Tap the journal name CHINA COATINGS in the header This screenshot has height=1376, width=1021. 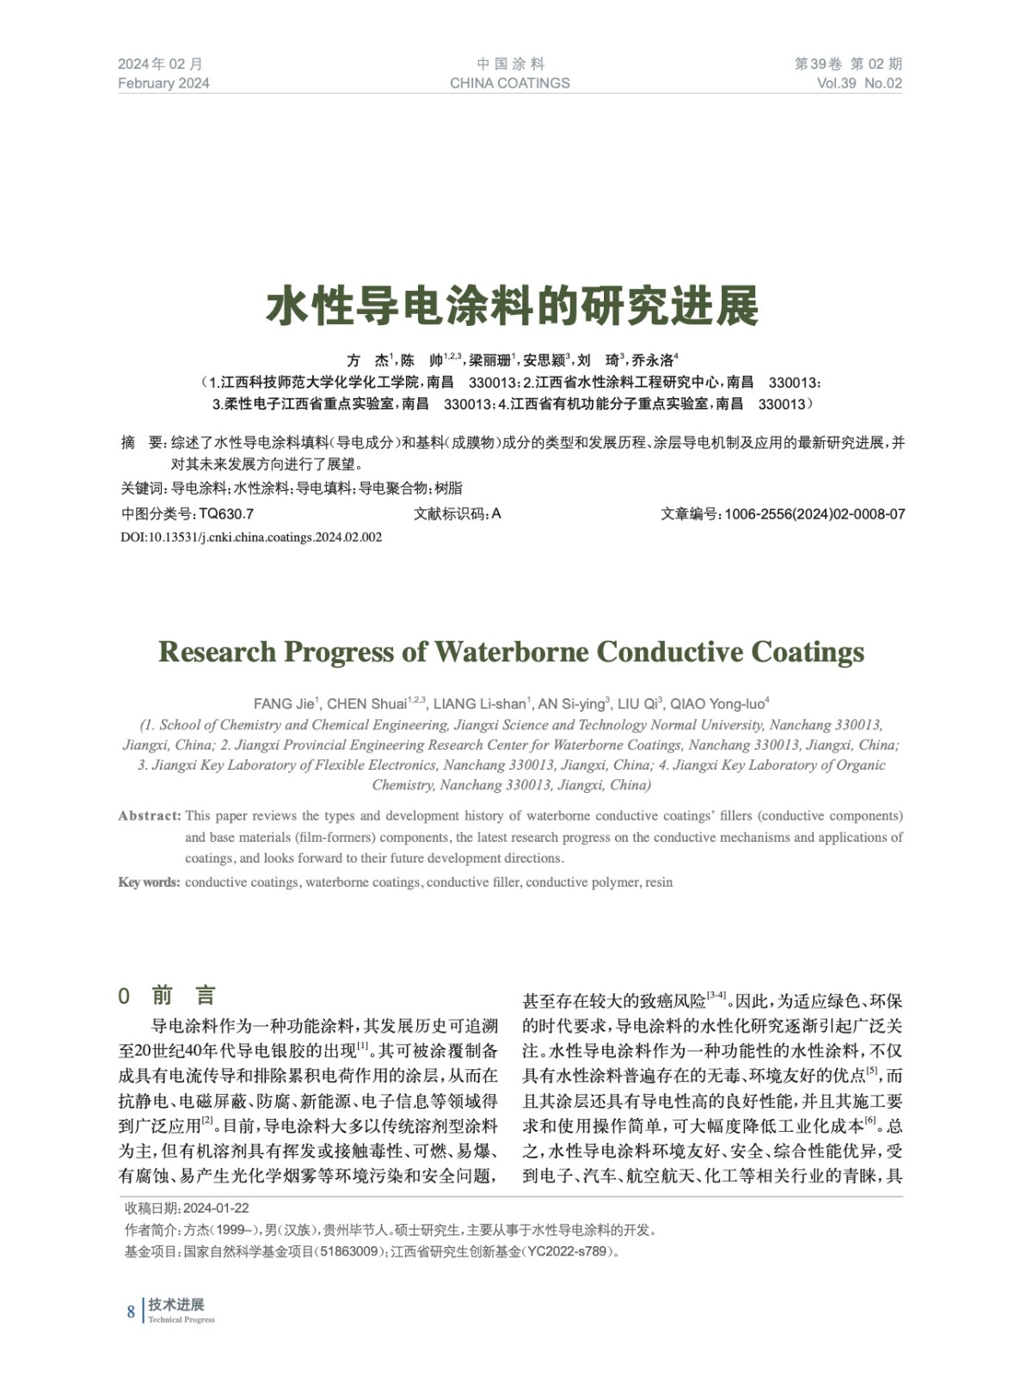pos(509,83)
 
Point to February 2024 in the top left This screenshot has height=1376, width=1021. pos(163,83)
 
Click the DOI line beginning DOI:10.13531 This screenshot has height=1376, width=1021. pos(251,537)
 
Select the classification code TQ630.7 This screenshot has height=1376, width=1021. pos(226,514)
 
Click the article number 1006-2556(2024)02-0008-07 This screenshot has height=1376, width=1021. pos(814,514)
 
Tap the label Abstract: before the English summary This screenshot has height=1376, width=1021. pos(150,815)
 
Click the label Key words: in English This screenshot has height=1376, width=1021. pos(149,882)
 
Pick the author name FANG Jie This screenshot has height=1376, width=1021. pos(286,703)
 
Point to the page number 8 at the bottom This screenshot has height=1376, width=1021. pos(131,1311)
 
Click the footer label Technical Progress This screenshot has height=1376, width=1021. pos(181,1320)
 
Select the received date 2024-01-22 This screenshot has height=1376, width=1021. pos(216,1208)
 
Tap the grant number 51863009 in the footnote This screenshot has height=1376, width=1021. pos(350,1251)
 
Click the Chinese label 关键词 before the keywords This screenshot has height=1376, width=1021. pos(143,488)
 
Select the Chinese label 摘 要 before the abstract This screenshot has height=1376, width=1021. pos(142,443)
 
